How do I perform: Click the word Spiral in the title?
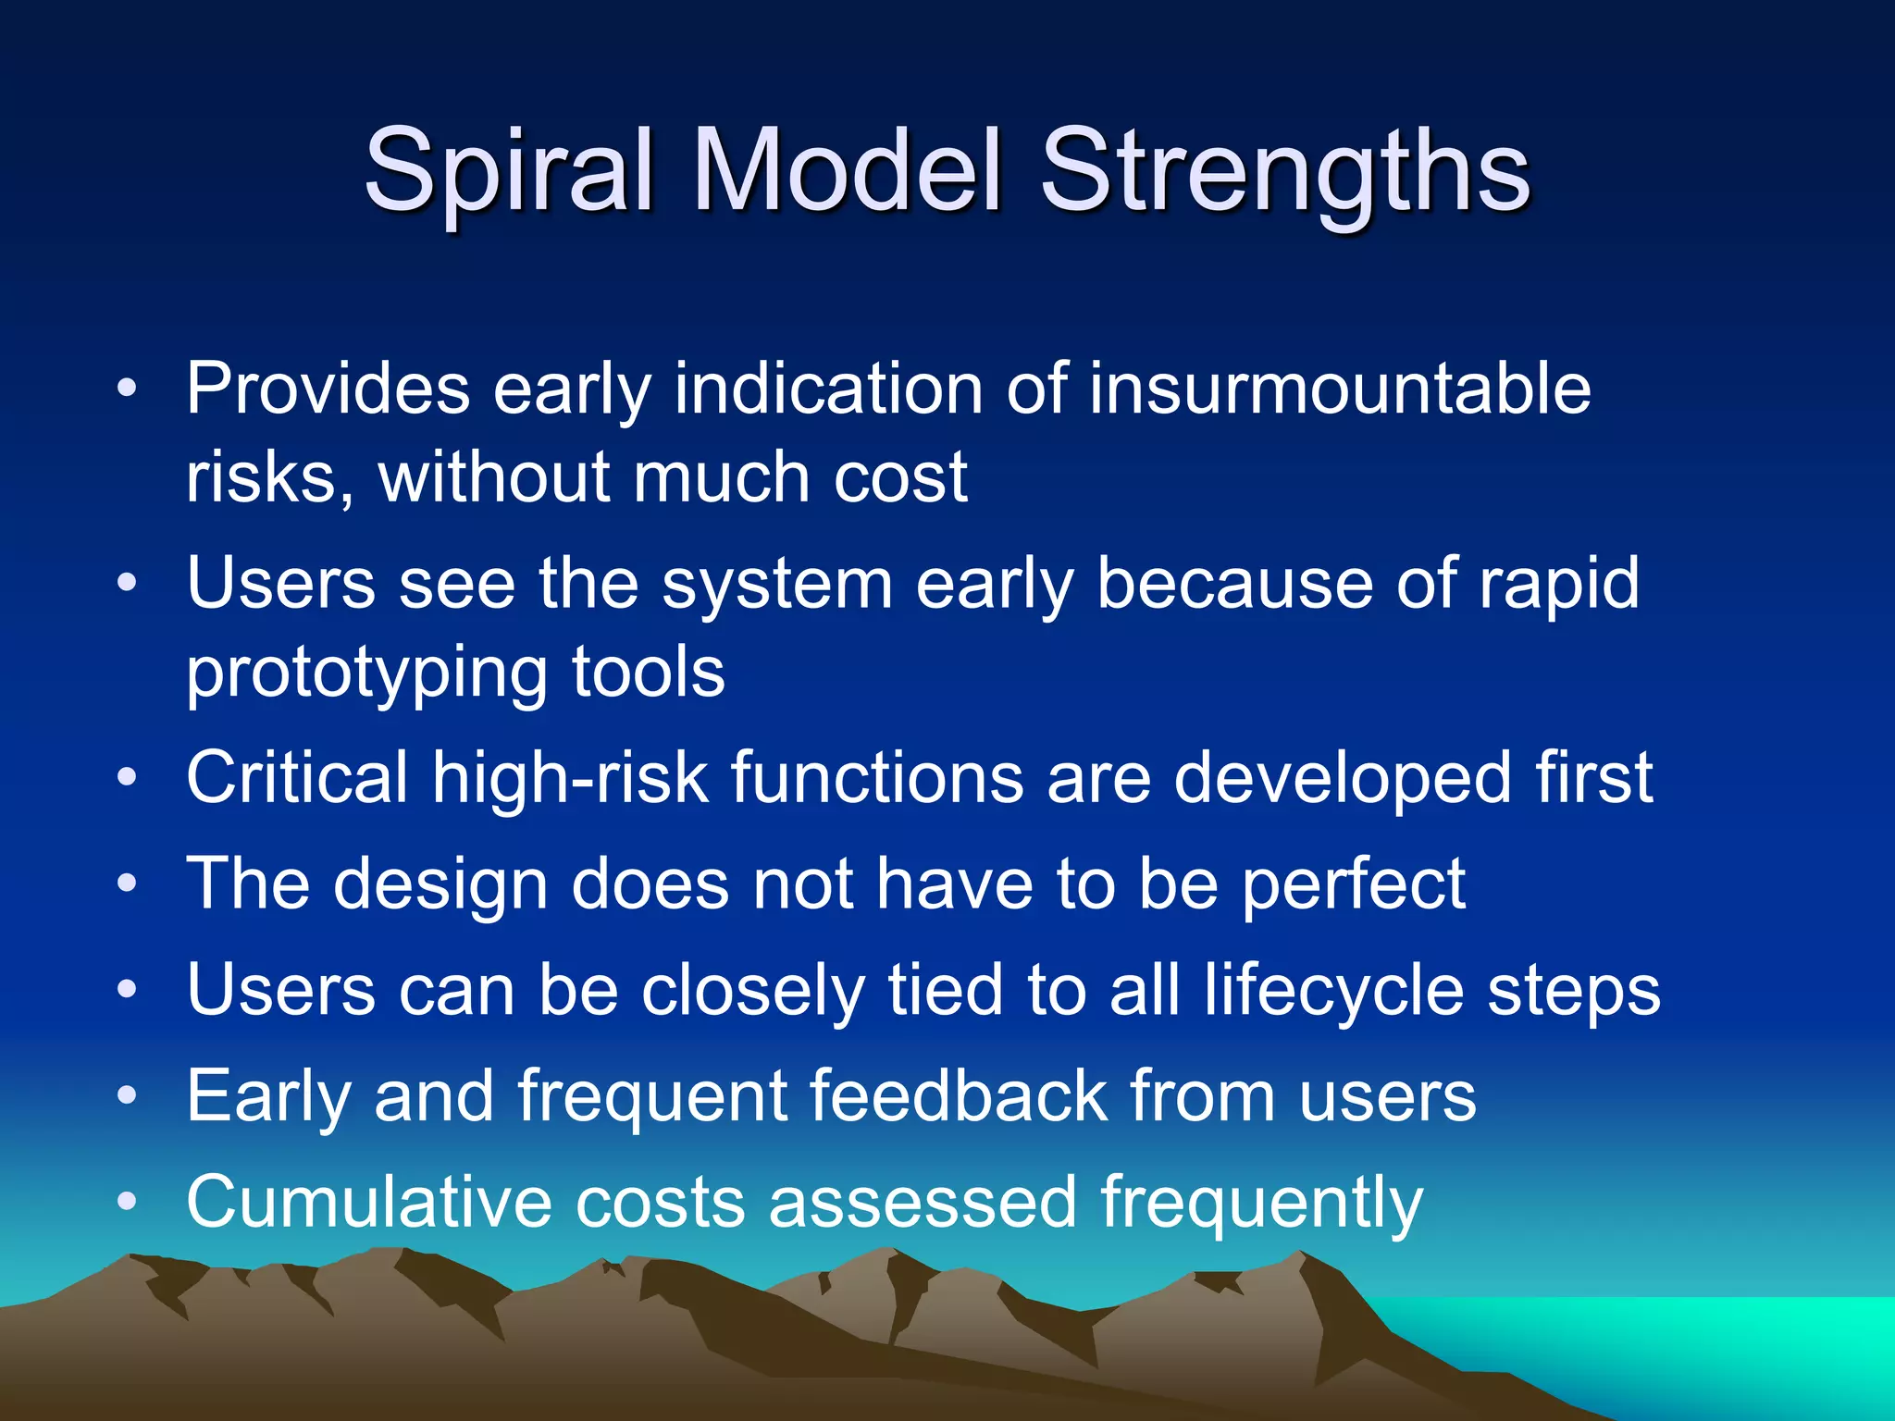(510, 171)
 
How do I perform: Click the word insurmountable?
(1340, 389)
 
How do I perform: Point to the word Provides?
(328, 389)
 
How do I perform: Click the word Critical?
(297, 777)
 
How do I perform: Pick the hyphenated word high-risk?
(569, 777)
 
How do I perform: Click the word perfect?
(1353, 884)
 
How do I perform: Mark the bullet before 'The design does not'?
(128, 883)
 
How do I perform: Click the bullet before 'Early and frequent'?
(128, 1096)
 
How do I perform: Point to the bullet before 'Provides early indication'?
(128, 388)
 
